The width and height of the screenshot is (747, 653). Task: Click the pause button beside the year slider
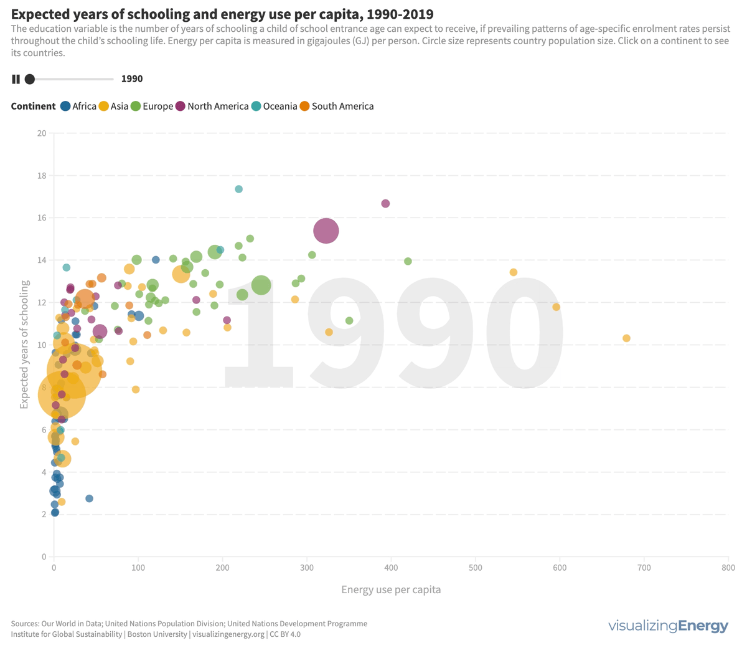[16, 79]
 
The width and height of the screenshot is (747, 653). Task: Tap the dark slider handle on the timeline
[29, 79]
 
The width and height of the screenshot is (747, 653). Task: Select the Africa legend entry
[78, 106]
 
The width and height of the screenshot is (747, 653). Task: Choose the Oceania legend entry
[273, 106]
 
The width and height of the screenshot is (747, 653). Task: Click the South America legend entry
[336, 106]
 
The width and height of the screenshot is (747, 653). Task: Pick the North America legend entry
[212, 106]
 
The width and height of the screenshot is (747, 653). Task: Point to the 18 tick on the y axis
[42, 176]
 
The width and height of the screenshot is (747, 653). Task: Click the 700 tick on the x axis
[644, 568]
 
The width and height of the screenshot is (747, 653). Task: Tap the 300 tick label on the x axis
[307, 568]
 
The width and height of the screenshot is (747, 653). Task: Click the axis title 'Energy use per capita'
[391, 589]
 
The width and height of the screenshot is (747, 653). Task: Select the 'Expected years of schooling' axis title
[24, 345]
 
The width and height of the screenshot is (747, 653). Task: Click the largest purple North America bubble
[326, 231]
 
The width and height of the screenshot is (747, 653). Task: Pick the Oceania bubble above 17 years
[238, 189]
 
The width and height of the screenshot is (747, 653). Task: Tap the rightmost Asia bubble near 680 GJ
[626, 338]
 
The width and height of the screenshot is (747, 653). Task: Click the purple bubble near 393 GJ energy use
[385, 204]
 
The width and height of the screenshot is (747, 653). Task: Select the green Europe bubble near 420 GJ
[408, 261]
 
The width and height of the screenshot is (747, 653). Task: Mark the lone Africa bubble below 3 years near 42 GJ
[89, 498]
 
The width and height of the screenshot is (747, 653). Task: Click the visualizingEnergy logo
[668, 626]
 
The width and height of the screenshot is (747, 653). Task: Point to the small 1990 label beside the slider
[132, 79]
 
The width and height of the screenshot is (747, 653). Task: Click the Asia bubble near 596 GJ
[556, 307]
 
